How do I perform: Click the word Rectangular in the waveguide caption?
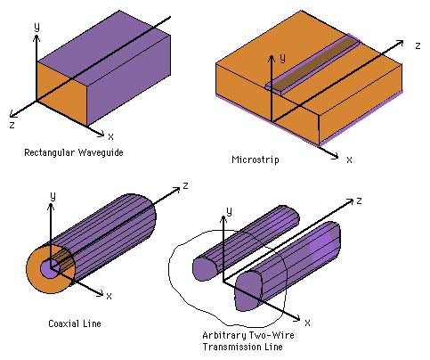tap(50, 152)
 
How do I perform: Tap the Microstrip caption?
tap(256, 160)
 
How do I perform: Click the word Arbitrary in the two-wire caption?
tap(223, 336)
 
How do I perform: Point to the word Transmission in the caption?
tap(230, 347)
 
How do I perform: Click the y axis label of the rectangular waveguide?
tap(37, 27)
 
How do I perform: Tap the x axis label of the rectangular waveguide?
tap(110, 136)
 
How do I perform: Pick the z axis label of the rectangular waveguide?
tap(12, 125)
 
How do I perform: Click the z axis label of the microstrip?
tap(418, 45)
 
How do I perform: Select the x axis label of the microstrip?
tap(349, 160)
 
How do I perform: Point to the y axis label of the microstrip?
tap(282, 58)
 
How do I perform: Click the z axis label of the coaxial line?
tap(186, 185)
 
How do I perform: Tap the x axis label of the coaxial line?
tap(109, 296)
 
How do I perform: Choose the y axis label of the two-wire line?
tap(229, 211)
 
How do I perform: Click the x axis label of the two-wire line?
tap(307, 323)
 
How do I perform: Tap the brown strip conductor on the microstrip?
tap(315, 63)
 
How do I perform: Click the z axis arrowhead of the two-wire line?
tap(350, 200)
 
